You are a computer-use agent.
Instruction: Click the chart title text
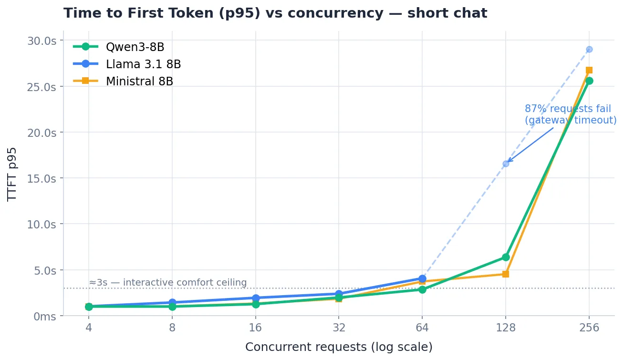point(275,13)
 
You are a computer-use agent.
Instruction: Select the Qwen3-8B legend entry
point(119,47)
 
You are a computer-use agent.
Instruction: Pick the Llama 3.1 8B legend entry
point(127,64)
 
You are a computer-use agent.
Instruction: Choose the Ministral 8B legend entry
point(123,82)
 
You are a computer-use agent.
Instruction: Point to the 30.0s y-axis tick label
point(42,41)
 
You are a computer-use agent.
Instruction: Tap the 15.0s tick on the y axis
point(42,178)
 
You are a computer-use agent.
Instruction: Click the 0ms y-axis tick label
point(45,317)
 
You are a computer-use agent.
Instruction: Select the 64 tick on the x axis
point(422,328)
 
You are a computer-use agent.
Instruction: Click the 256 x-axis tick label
point(589,328)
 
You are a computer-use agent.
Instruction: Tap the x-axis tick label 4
point(89,328)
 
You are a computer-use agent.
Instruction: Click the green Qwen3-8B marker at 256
point(589,81)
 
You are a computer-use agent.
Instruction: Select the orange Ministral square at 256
point(589,70)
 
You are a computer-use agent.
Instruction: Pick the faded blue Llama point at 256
point(589,49)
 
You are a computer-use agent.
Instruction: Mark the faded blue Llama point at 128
point(506,164)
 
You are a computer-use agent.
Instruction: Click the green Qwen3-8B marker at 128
point(506,257)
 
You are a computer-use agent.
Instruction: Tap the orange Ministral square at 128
point(506,274)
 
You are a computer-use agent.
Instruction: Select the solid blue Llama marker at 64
point(422,278)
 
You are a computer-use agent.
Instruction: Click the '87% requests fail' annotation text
point(568,109)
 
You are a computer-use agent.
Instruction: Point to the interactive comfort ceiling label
point(168,282)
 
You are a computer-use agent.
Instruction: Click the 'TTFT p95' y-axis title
point(12,175)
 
